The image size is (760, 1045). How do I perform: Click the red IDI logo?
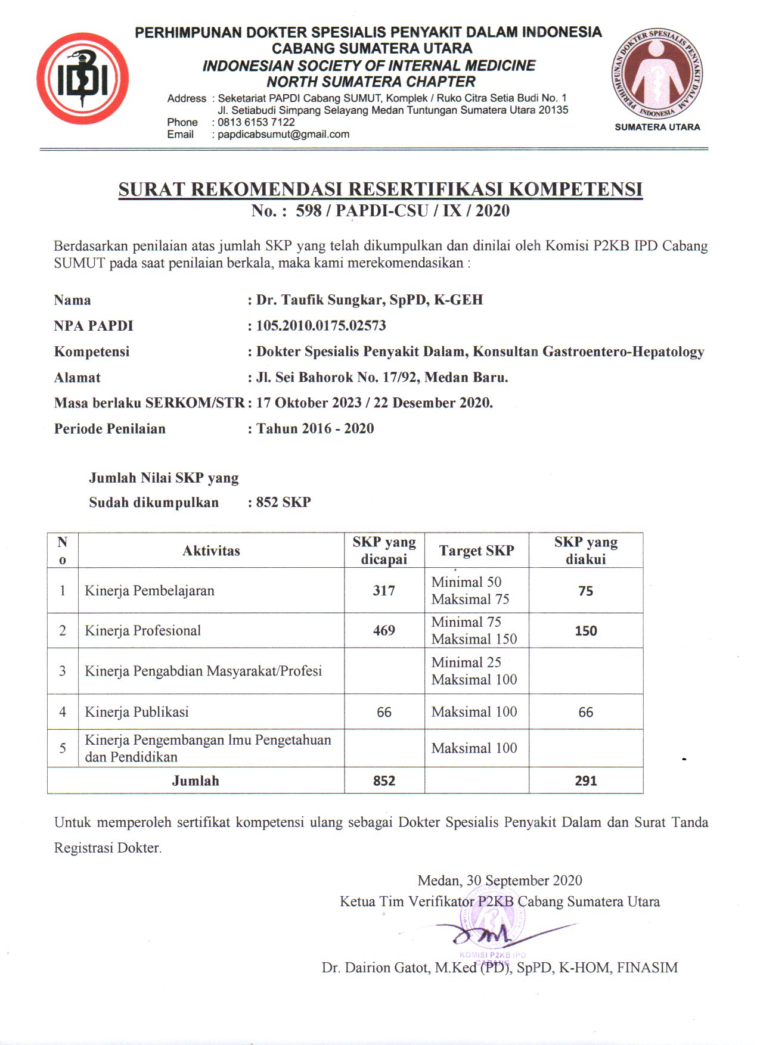pyautogui.click(x=83, y=79)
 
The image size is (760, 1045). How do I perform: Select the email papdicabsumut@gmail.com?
pyautogui.click(x=283, y=135)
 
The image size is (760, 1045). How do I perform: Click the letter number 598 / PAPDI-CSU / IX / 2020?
pyautogui.click(x=402, y=211)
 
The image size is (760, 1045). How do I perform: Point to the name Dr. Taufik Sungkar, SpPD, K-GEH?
pyautogui.click(x=370, y=300)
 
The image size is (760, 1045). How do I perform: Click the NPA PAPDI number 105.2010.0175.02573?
pyautogui.click(x=321, y=326)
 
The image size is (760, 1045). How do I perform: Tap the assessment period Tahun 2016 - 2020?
pyautogui.click(x=315, y=429)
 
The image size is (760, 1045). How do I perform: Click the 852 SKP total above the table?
pyautogui.click(x=283, y=502)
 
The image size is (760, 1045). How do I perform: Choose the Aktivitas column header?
pyautogui.click(x=211, y=551)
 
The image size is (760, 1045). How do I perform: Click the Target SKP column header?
pyautogui.click(x=476, y=551)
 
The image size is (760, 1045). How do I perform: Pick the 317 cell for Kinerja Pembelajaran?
pyautogui.click(x=384, y=590)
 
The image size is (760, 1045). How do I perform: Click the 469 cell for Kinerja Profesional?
pyautogui.click(x=384, y=630)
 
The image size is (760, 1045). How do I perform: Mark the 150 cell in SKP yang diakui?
pyautogui.click(x=585, y=631)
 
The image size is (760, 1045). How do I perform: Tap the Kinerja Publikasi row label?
pyautogui.click(x=137, y=712)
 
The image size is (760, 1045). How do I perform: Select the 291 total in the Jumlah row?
pyautogui.click(x=585, y=780)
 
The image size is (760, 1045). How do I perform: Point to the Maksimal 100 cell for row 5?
pyautogui.click(x=474, y=748)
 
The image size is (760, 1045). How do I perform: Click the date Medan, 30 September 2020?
pyautogui.click(x=500, y=881)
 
